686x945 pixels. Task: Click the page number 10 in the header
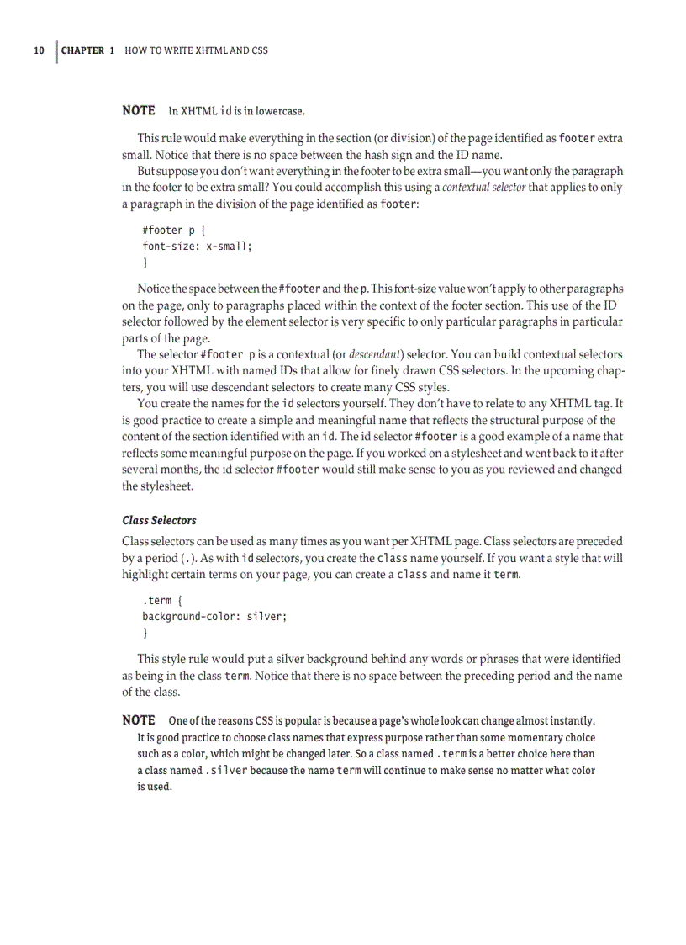pos(39,50)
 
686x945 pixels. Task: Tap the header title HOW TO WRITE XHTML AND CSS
pos(196,50)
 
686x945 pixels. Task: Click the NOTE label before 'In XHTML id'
pos(139,110)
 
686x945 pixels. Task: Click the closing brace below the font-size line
pos(145,263)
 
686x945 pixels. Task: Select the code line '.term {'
pos(160,601)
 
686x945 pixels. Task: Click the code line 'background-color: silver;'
pos(214,617)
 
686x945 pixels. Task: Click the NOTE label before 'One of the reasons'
pos(139,720)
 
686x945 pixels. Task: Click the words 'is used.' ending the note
pos(155,786)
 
